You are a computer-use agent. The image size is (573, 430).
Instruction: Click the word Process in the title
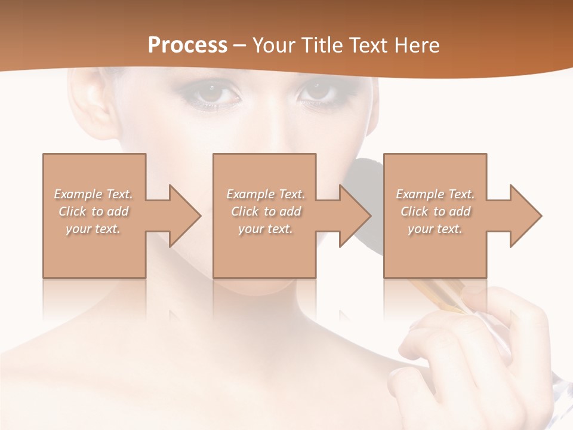pos(187,45)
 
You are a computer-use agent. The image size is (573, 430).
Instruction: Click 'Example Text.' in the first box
pos(94,194)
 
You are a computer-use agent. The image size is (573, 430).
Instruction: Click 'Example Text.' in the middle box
pos(266,194)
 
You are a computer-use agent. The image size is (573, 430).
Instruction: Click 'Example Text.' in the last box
pos(435,194)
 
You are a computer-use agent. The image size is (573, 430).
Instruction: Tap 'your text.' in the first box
pos(94,229)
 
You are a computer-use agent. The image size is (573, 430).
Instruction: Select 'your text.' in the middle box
pos(266,229)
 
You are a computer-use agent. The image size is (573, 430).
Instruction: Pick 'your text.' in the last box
pos(435,229)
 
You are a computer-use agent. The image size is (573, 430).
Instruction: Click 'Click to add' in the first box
pos(94,211)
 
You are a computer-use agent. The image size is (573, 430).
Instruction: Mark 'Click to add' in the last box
pos(435,211)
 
